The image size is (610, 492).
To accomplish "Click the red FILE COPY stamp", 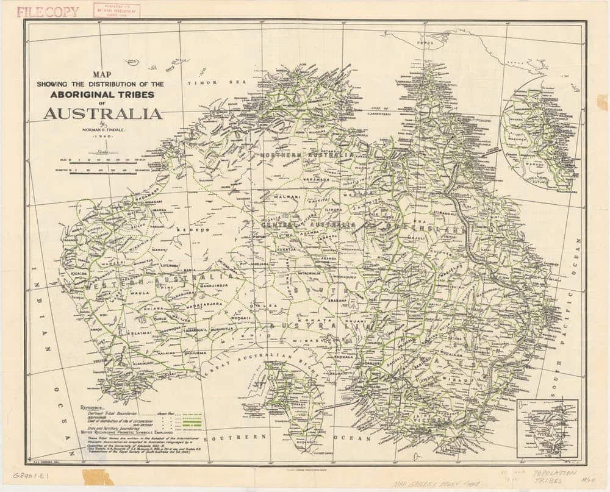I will (x=48, y=12).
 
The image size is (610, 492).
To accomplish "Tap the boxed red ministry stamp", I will (x=117, y=10).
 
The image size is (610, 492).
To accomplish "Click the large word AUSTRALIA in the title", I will (x=102, y=113).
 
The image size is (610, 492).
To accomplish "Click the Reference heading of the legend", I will (x=91, y=405).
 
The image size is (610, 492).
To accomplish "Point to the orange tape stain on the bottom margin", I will (x=98, y=477).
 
